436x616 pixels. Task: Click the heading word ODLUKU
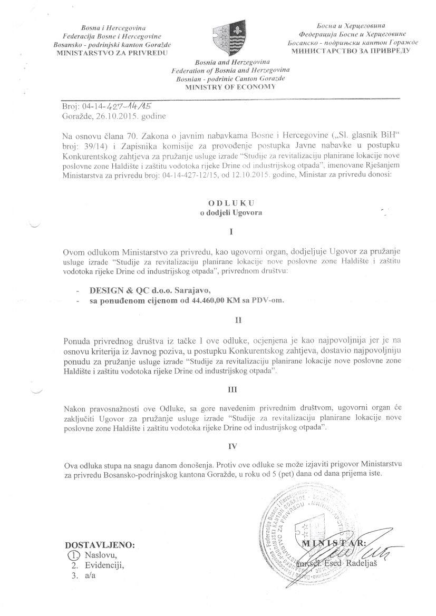click(x=230, y=202)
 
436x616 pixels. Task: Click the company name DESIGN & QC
click(x=115, y=290)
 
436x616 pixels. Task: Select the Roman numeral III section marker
click(x=230, y=390)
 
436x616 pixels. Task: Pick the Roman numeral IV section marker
click(x=230, y=446)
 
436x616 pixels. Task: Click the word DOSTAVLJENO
click(x=100, y=545)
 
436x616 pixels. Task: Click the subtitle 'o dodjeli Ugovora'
click(x=230, y=212)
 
